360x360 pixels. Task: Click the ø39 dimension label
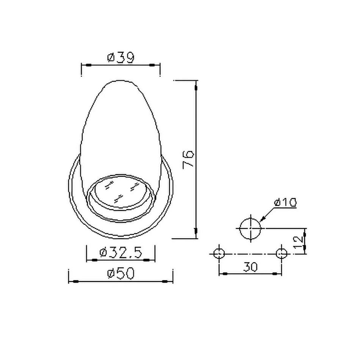121,58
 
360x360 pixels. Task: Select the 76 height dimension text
188,159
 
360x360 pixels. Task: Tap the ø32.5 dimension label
121,252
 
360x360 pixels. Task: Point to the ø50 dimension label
121,274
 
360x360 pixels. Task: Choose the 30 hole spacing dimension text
250,266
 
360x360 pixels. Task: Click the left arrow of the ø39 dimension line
87,66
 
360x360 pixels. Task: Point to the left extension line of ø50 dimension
68,276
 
